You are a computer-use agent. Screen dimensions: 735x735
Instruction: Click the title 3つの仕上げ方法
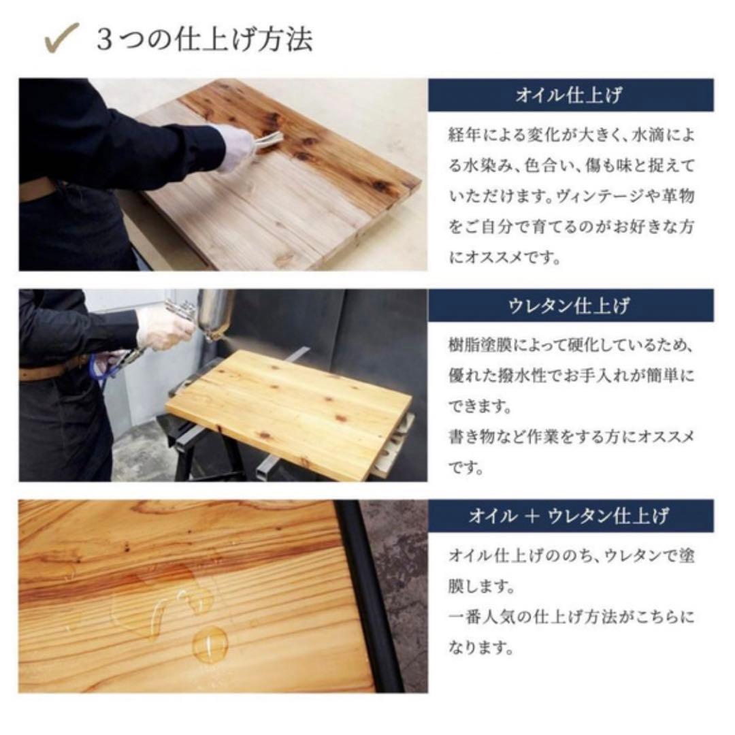coord(204,39)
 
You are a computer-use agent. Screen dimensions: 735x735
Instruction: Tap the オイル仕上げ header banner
coord(570,95)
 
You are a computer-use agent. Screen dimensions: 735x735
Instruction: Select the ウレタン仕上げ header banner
coord(570,306)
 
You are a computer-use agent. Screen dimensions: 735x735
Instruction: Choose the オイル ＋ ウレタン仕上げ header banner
coord(570,516)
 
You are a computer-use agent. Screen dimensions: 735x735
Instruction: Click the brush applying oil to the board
coord(269,141)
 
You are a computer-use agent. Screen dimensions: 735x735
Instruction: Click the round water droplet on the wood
coord(210,643)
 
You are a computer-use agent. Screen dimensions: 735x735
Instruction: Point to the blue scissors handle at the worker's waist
coord(100,365)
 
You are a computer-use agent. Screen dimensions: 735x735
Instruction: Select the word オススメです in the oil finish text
coord(510,259)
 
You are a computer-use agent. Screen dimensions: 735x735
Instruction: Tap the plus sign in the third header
coord(527,516)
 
